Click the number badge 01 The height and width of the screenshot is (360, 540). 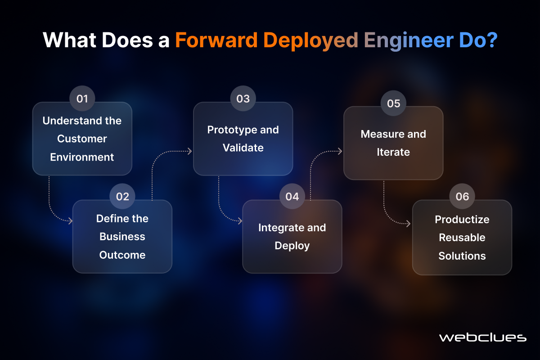click(82, 99)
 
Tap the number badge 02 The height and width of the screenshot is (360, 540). click(122, 196)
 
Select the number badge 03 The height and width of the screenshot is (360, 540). click(243, 99)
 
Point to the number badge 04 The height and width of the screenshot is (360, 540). click(292, 196)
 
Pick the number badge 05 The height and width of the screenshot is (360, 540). click(393, 103)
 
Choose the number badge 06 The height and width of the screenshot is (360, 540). click(462, 196)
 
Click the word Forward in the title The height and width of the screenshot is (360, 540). click(216, 40)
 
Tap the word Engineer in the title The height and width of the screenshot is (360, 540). click(409, 41)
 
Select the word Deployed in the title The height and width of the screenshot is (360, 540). click(310, 41)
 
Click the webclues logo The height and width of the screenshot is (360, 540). click(483, 337)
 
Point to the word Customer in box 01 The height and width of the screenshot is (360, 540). click(82, 139)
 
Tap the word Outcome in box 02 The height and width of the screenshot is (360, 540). click(122, 255)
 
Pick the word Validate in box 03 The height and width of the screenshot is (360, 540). click(243, 148)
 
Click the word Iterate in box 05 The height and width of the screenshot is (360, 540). click(393, 152)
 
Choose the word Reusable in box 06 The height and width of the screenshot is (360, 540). click(462, 238)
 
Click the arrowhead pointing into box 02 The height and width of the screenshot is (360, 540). click(70, 220)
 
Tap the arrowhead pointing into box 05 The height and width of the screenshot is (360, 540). click(340, 151)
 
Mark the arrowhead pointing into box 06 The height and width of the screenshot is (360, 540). click(408, 224)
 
